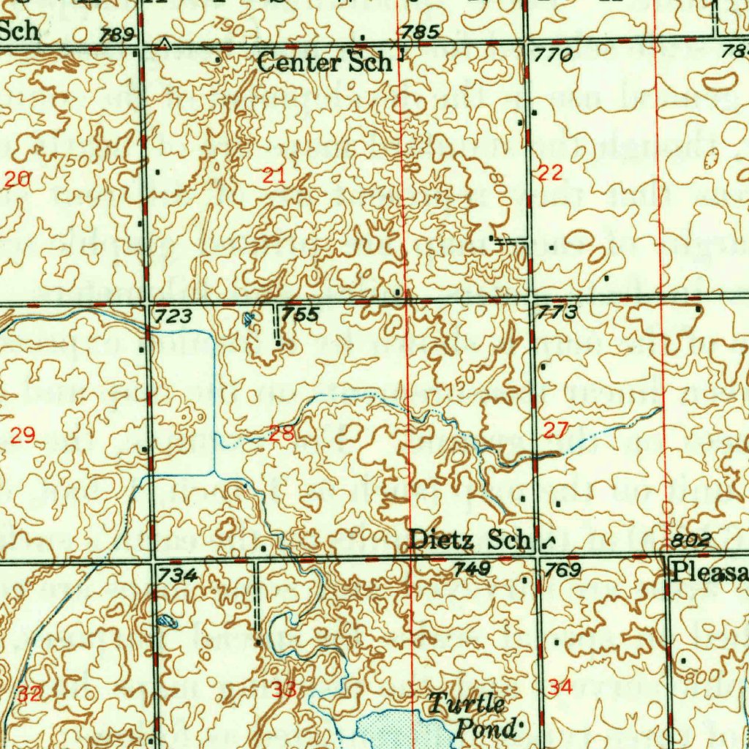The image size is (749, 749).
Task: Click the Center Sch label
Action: pyautogui.click(x=324, y=63)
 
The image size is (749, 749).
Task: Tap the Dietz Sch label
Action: pyautogui.click(x=469, y=540)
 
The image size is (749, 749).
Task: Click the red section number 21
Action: pyautogui.click(x=274, y=175)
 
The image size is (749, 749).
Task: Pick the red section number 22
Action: pyautogui.click(x=550, y=173)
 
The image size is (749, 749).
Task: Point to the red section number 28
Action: pyautogui.click(x=282, y=433)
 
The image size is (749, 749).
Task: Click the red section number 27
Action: pyautogui.click(x=555, y=430)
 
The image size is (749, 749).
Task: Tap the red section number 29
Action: pyautogui.click(x=23, y=437)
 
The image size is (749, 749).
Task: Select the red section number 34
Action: pyautogui.click(x=560, y=687)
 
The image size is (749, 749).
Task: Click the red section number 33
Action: pyautogui.click(x=285, y=688)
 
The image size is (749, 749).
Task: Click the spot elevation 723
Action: pyautogui.click(x=173, y=316)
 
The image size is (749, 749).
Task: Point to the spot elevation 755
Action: pyautogui.click(x=301, y=315)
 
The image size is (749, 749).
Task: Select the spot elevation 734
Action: pyautogui.click(x=178, y=576)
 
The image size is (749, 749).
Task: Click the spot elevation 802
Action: pyautogui.click(x=690, y=541)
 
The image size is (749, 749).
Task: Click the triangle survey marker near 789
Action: pyautogui.click(x=165, y=45)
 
